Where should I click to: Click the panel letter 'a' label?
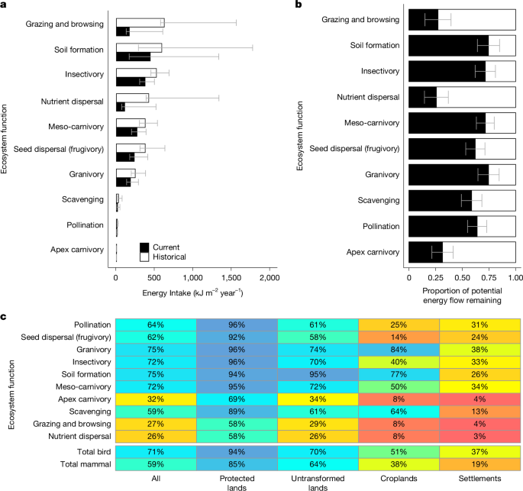[x=4, y=5]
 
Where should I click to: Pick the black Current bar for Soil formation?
[x=133, y=56]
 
